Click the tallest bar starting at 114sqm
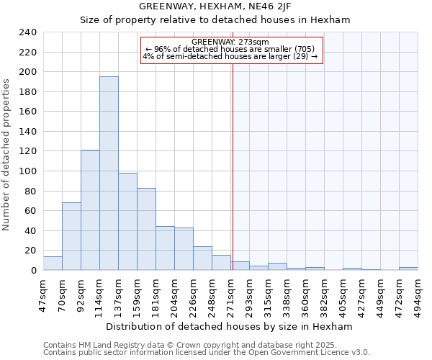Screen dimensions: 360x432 109,173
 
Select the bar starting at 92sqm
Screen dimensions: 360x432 90,210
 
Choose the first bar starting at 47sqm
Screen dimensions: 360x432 53,263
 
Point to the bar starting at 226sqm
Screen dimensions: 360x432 202,258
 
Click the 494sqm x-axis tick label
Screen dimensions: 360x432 418,294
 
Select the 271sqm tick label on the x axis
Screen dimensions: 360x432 231,294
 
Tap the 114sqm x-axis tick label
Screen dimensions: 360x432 100,294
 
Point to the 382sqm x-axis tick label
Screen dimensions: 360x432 325,294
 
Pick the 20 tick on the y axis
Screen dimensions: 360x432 30,251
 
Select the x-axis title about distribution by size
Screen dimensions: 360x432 229,326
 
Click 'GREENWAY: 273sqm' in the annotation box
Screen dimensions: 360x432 230,42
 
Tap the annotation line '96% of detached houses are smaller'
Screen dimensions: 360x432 230,49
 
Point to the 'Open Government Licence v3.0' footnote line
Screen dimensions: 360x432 207,352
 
